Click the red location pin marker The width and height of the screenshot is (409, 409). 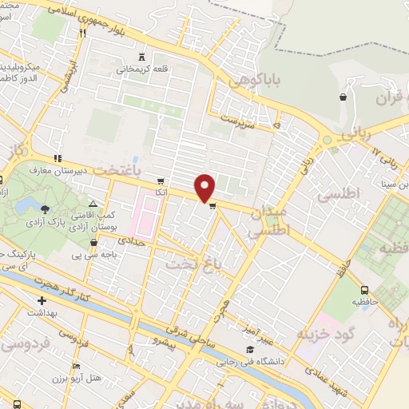(x=205, y=188)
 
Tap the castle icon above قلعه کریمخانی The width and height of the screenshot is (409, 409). (x=142, y=57)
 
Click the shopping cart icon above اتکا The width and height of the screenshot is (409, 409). (x=161, y=181)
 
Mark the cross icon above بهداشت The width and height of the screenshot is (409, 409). (x=42, y=301)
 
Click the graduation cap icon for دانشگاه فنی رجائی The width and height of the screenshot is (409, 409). (x=250, y=349)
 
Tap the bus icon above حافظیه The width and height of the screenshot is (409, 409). (x=365, y=290)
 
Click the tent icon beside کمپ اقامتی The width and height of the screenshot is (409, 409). (x=93, y=205)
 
